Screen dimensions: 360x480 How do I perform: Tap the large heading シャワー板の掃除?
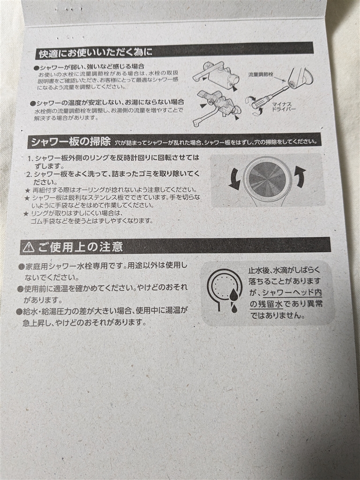pyautogui.click(x=71, y=142)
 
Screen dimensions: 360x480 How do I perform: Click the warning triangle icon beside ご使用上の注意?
pyautogui.click(x=29, y=247)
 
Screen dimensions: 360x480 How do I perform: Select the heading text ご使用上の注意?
pyautogui.click(x=81, y=247)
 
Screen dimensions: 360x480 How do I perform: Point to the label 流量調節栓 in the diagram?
pyautogui.click(x=261, y=75)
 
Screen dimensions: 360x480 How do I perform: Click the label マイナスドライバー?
pyautogui.click(x=284, y=107)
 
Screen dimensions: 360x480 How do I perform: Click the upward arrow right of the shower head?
pyautogui.click(x=300, y=177)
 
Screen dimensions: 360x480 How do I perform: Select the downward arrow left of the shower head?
pyautogui.click(x=234, y=179)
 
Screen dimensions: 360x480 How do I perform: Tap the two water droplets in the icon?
pyautogui.click(x=233, y=299)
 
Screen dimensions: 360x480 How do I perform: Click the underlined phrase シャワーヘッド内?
pyautogui.click(x=292, y=292)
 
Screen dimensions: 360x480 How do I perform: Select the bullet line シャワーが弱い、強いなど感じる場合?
pyautogui.click(x=89, y=66)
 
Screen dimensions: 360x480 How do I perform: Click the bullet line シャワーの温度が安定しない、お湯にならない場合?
pyautogui.click(x=108, y=102)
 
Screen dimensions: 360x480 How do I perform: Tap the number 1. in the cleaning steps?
pyautogui.click(x=30, y=158)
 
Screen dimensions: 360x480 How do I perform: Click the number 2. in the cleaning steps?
pyautogui.click(x=29, y=174)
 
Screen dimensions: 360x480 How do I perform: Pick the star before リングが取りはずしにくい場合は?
pyautogui.click(x=26, y=213)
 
